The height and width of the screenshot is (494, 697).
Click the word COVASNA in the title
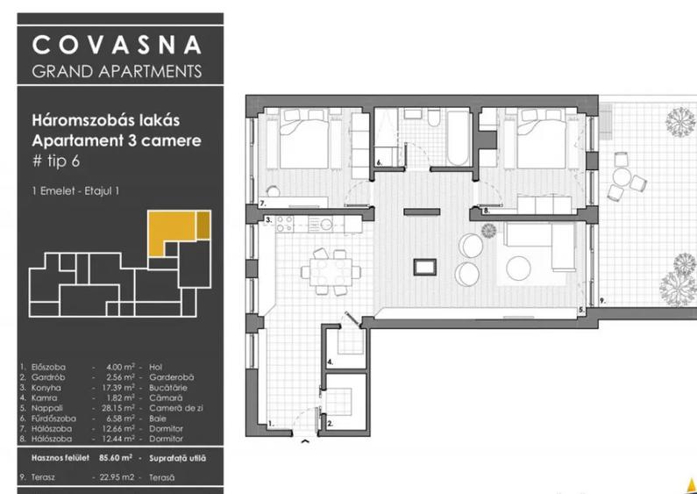[116, 45]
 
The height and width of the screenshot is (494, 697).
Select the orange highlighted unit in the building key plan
[172, 233]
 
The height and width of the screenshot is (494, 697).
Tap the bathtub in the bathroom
[456, 140]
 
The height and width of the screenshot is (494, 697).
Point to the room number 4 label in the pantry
[330, 361]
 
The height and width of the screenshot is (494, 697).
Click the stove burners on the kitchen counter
[284, 223]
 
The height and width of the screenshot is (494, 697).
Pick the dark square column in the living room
[423, 264]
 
